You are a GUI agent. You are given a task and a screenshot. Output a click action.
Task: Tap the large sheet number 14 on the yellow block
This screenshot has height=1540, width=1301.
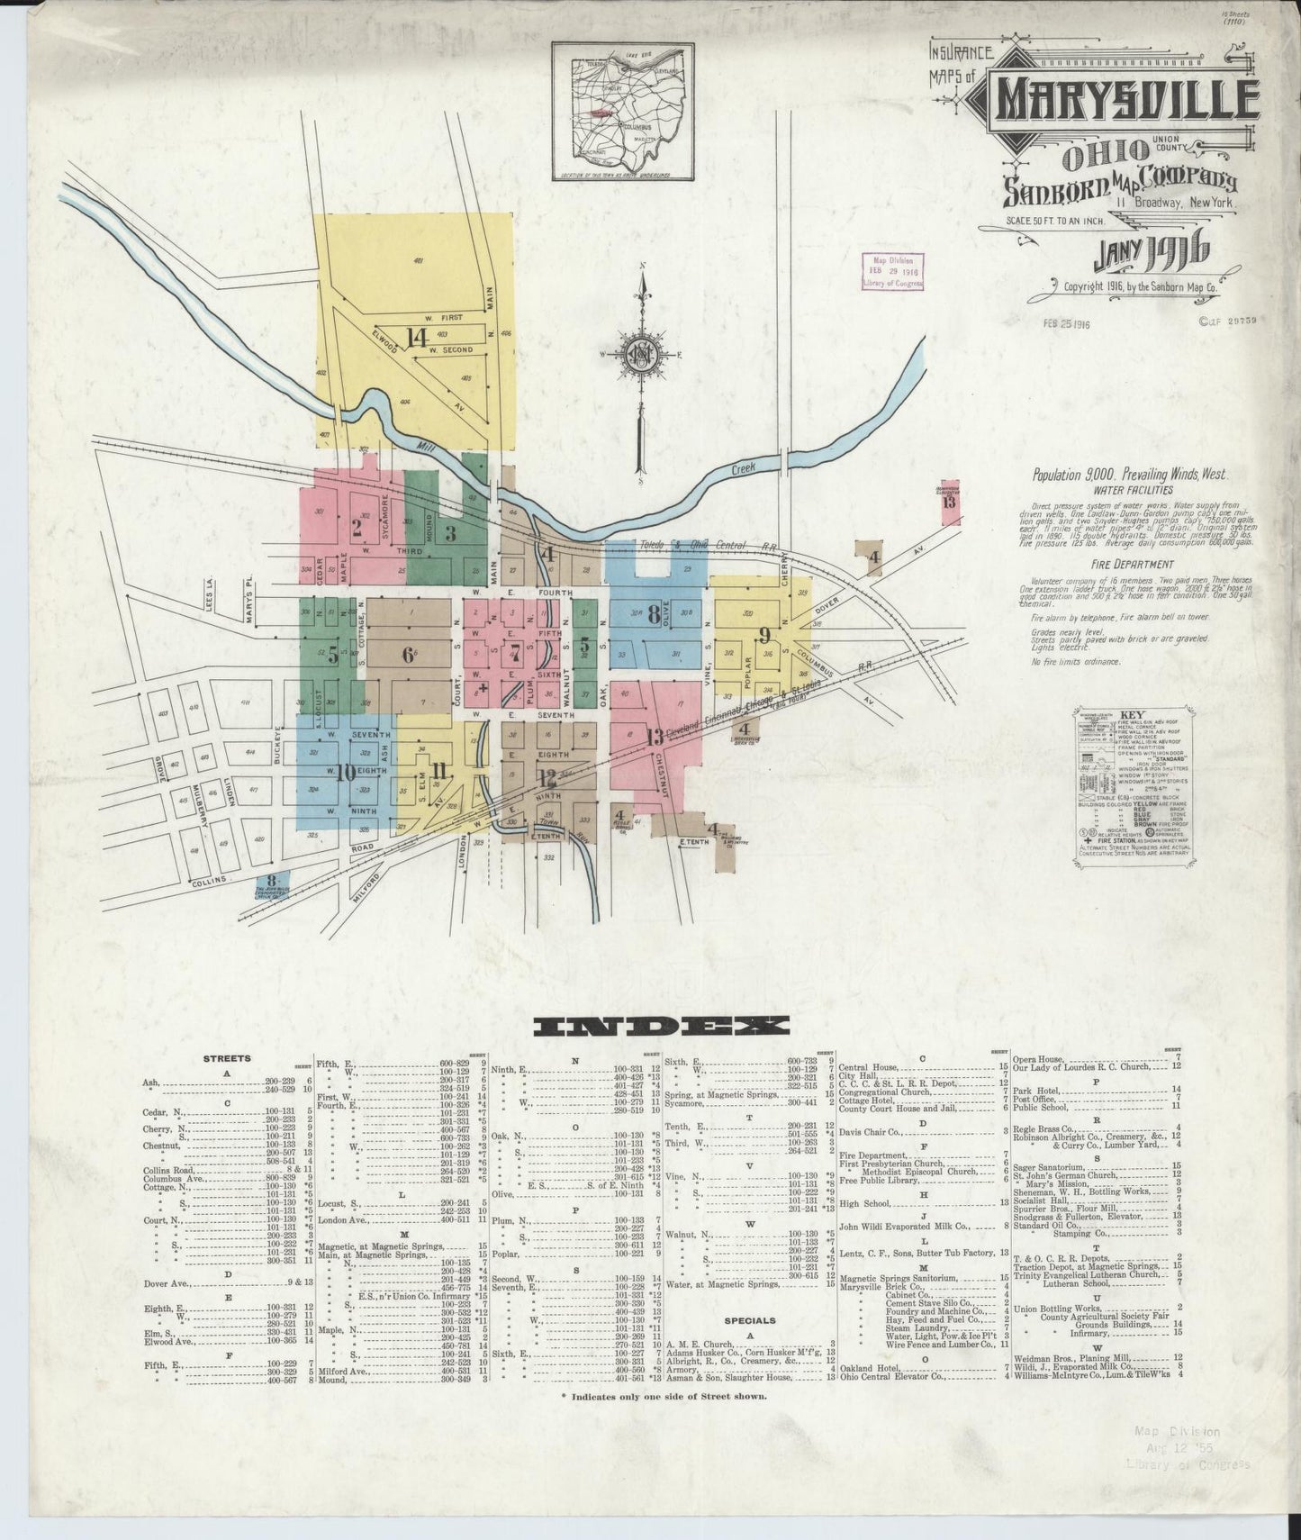(416, 338)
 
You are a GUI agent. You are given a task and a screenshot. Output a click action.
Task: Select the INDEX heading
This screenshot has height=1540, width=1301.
(660, 1026)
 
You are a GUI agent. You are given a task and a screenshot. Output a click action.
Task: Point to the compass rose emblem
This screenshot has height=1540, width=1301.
(642, 352)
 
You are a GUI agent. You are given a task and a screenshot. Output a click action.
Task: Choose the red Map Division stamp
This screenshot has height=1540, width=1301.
(891, 271)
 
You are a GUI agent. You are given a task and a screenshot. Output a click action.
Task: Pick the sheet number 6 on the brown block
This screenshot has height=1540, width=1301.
(409, 656)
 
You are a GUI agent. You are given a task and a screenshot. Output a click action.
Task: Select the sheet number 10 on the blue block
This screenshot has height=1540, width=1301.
(346, 772)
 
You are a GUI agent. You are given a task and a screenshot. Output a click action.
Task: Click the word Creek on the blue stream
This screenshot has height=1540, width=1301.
(744, 467)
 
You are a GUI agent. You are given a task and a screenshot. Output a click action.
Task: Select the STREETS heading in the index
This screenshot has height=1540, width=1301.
(227, 1058)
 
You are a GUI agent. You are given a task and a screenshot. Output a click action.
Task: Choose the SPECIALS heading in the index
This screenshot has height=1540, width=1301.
(750, 1320)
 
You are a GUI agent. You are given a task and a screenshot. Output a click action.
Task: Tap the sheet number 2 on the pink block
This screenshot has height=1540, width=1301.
(357, 528)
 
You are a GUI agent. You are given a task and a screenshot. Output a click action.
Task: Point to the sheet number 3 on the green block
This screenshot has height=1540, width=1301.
(450, 533)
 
